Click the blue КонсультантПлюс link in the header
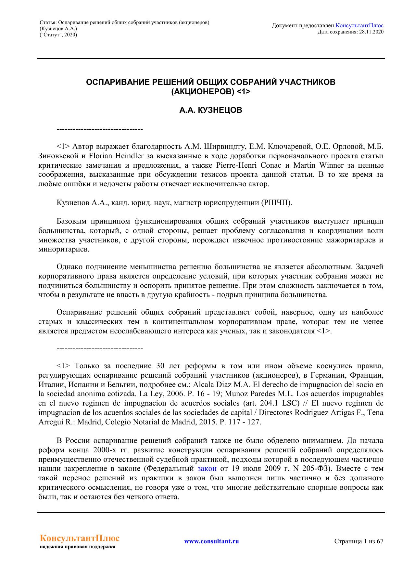pos(359,25)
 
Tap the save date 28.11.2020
pos(371,32)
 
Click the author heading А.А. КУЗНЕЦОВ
pos(210,110)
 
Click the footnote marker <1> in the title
pos(244,92)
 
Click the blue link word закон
pos(207,469)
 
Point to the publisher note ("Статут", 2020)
pos(58,35)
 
